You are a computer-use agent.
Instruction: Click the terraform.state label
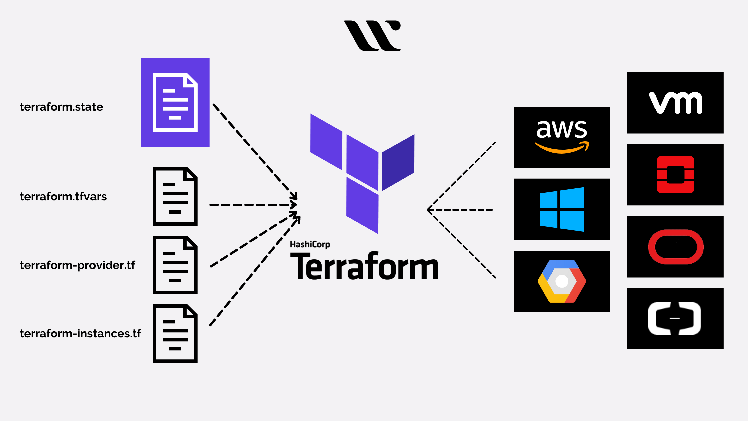[61, 107]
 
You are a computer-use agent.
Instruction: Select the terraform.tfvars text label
[63, 197]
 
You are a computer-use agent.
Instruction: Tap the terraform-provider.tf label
[77, 265]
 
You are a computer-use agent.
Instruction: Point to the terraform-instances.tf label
[80, 334]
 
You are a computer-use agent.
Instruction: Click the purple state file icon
[175, 102]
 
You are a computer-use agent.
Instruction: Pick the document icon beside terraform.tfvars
[175, 196]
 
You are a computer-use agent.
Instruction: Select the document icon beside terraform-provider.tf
[175, 265]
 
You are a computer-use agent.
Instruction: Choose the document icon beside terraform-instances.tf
[175, 333]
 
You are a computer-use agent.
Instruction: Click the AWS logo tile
[562, 137]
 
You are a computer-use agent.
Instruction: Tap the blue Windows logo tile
[562, 209]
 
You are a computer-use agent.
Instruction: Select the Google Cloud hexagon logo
[562, 281]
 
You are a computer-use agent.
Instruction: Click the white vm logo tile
[675, 103]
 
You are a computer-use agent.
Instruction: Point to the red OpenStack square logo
[675, 175]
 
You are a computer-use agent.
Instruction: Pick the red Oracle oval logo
[675, 247]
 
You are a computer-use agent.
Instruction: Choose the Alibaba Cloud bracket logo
[675, 318]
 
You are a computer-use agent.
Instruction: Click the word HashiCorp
[310, 245]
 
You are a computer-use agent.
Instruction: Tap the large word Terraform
[364, 266]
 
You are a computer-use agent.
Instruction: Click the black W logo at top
[372, 36]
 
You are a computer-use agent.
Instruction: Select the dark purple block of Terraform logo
[398, 163]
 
